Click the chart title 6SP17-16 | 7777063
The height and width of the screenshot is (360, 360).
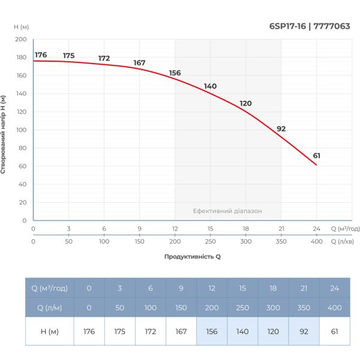314,26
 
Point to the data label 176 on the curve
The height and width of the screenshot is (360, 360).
41,55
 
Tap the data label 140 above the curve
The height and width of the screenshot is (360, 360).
210,86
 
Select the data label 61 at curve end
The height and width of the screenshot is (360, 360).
316,156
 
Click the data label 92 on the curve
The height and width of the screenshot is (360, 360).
281,129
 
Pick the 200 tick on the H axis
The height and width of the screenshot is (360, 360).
22,40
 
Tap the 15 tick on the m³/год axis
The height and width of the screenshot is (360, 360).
210,229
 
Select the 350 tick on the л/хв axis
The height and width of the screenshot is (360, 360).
281,241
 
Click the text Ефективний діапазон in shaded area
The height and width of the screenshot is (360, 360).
227,211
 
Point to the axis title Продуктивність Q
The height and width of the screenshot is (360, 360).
193,256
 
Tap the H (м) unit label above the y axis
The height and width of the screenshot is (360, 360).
21,26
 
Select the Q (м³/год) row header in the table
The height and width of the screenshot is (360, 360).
49,289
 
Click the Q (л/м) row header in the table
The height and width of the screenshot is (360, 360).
49,308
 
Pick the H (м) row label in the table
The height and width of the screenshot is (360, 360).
49,331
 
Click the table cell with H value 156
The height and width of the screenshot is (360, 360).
212,331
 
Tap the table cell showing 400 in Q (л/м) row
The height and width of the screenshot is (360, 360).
334,308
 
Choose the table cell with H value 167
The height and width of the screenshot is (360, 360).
181,331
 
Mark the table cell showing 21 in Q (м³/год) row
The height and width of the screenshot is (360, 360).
304,289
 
